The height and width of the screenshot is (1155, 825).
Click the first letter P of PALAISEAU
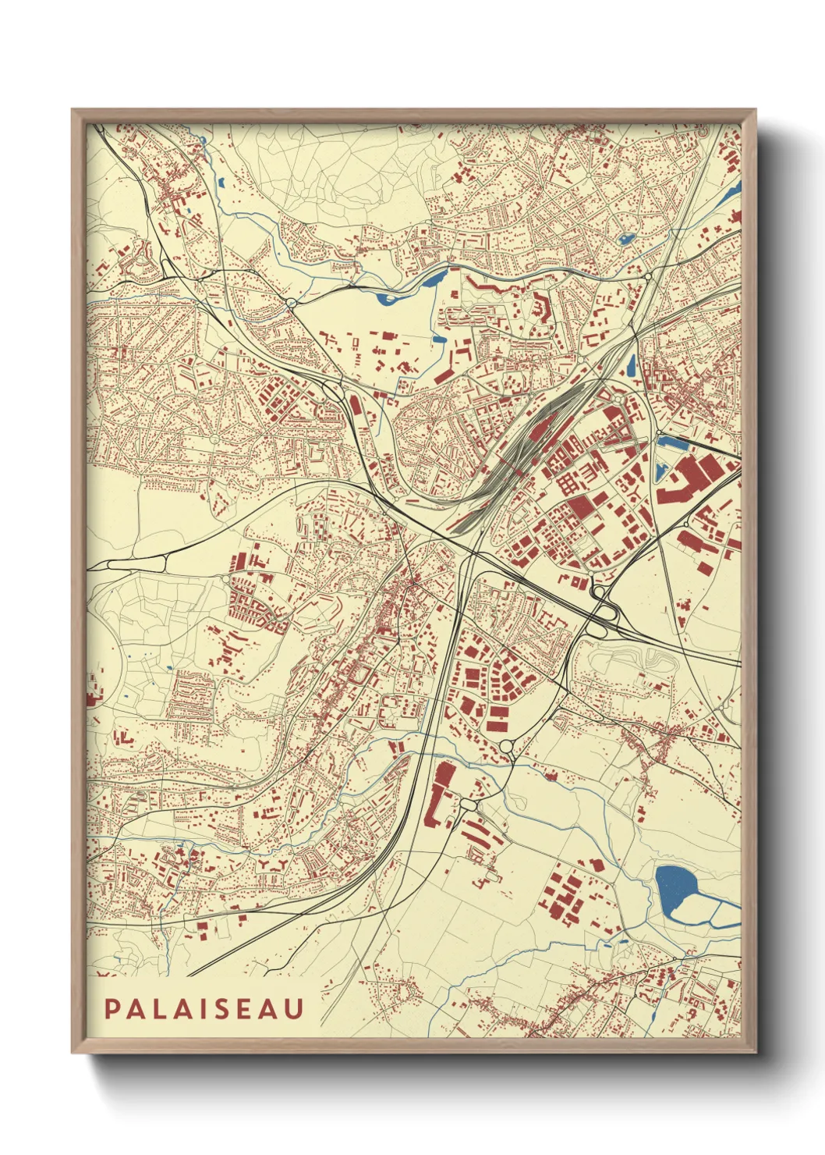(x=112, y=1009)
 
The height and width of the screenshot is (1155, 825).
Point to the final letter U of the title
(x=294, y=1009)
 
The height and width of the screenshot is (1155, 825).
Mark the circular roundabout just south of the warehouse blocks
(x=505, y=748)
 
